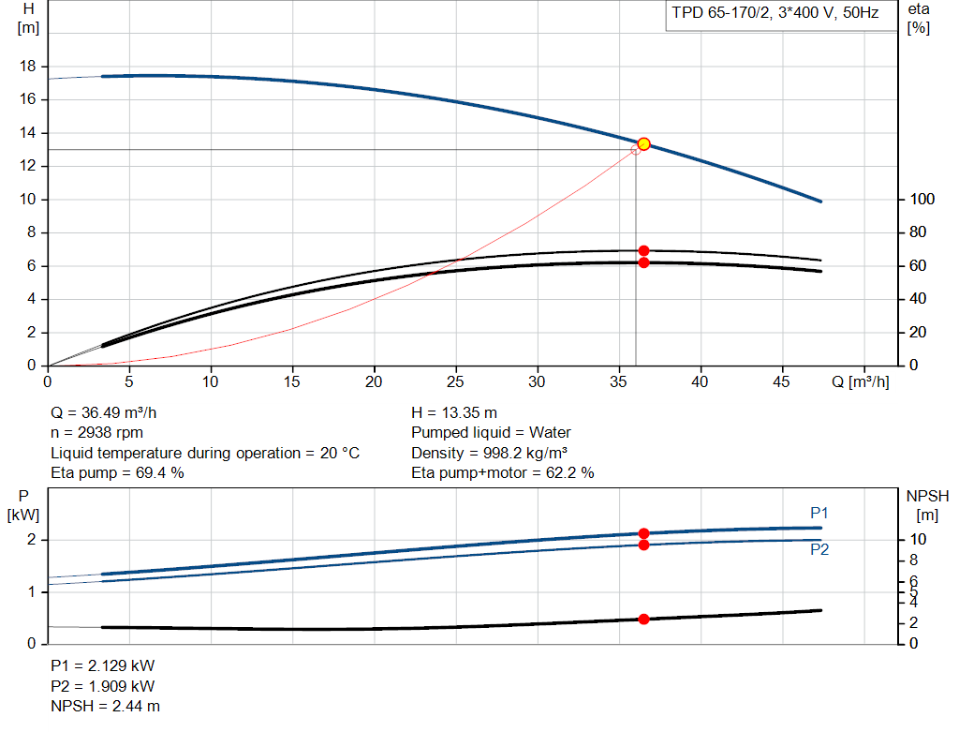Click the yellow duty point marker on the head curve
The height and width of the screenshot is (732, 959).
643,144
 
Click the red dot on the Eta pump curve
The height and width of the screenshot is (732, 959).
643,250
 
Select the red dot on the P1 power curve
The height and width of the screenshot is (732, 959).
643,533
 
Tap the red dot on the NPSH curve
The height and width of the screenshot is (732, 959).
643,619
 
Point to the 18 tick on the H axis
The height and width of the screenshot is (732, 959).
29,67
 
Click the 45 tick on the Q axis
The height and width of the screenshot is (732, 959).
782,382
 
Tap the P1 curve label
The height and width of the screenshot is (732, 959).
819,513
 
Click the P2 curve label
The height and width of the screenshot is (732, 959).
819,550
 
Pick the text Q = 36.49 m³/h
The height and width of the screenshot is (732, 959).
111,413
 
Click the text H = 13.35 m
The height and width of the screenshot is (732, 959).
454,413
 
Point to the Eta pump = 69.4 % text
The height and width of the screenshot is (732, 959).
117,473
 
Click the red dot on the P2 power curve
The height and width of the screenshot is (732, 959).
643,545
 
